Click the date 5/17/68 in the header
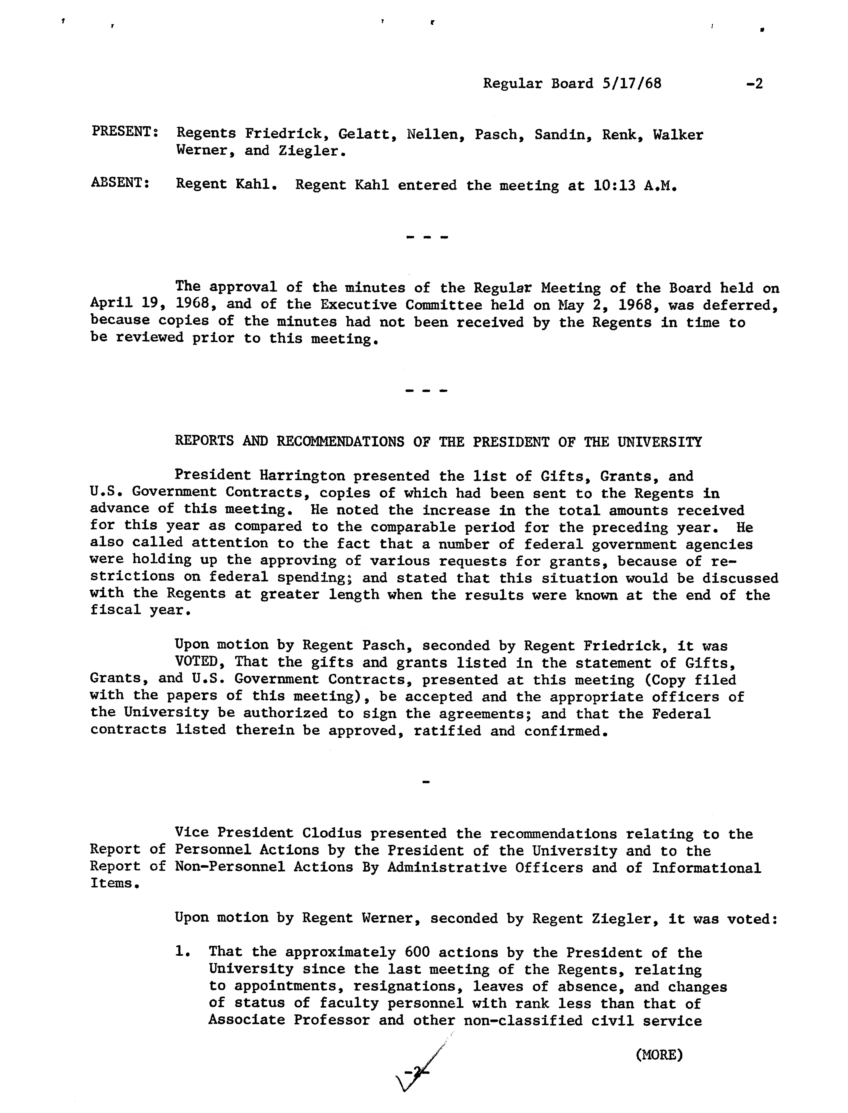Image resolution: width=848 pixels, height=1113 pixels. [x=631, y=83]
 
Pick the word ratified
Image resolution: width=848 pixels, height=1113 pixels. [x=447, y=730]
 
